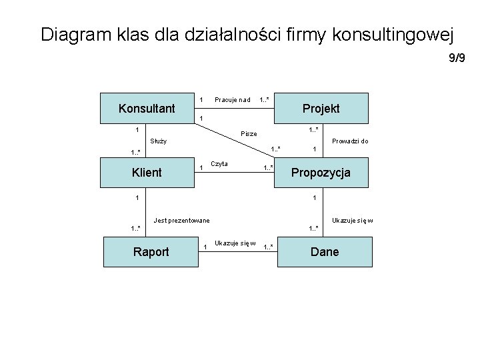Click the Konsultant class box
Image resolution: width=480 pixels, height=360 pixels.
point(146,108)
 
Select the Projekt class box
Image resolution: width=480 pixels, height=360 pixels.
point(321,108)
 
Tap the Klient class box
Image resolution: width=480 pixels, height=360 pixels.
point(146,173)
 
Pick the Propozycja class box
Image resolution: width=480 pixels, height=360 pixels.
point(321,173)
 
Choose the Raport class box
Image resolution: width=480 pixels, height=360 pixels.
point(151,251)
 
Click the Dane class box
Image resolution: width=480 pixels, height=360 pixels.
point(324,251)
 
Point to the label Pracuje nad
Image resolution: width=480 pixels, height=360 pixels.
point(232,100)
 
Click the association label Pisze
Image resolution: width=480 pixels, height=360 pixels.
point(249,134)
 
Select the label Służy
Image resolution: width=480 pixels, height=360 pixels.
point(158,141)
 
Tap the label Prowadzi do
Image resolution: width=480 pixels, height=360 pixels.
point(350,141)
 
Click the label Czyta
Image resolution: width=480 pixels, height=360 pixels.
point(219,164)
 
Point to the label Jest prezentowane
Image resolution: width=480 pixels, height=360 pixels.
point(181,220)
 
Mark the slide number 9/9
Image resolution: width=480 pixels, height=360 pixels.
point(457,59)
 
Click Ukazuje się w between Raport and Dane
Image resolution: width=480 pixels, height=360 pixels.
point(235,243)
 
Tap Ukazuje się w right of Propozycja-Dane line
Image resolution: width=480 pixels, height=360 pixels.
point(352,220)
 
